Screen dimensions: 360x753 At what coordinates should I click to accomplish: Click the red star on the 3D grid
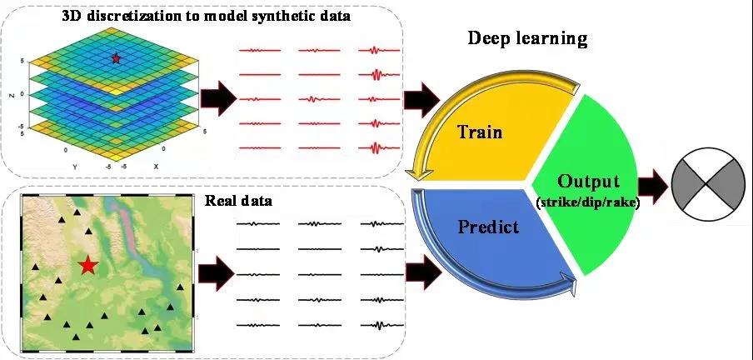(116, 58)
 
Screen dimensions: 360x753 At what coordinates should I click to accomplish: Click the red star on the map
(87, 266)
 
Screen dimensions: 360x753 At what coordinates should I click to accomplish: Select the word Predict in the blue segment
(489, 225)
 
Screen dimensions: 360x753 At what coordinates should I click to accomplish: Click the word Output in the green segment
(589, 181)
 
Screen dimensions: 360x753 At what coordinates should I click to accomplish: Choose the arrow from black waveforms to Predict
(420, 269)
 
